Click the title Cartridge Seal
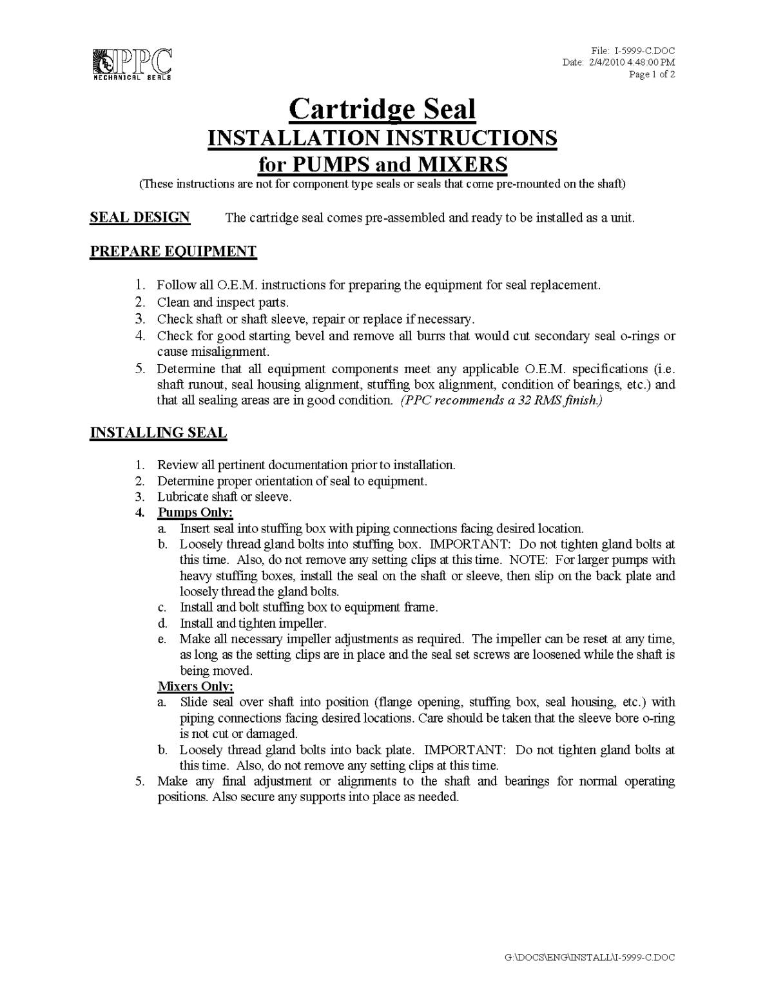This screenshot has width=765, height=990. [382, 109]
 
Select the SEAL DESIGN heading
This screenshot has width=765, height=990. [140, 217]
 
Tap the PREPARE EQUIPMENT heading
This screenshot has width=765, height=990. [173, 251]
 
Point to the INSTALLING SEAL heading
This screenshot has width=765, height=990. [158, 432]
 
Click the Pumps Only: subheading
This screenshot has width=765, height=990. [195, 512]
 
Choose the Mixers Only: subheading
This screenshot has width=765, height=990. [195, 686]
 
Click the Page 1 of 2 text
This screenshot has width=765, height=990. [652, 74]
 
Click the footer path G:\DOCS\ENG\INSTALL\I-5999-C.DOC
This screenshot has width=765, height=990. [589, 957]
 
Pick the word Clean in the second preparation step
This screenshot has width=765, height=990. [173, 302]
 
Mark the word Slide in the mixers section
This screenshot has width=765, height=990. [193, 702]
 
